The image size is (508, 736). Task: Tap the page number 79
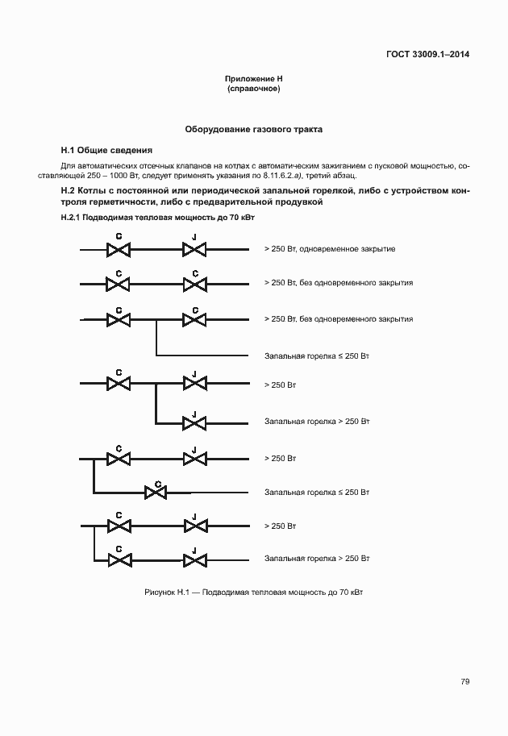465,681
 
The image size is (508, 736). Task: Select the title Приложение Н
254,79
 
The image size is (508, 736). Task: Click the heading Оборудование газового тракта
254,129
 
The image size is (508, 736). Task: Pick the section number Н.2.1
73,219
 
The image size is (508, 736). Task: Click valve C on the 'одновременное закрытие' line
119,251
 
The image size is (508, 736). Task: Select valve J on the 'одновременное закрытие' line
194,251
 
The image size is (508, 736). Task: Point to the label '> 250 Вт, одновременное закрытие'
329,249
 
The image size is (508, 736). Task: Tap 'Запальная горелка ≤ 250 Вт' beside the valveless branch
316,355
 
